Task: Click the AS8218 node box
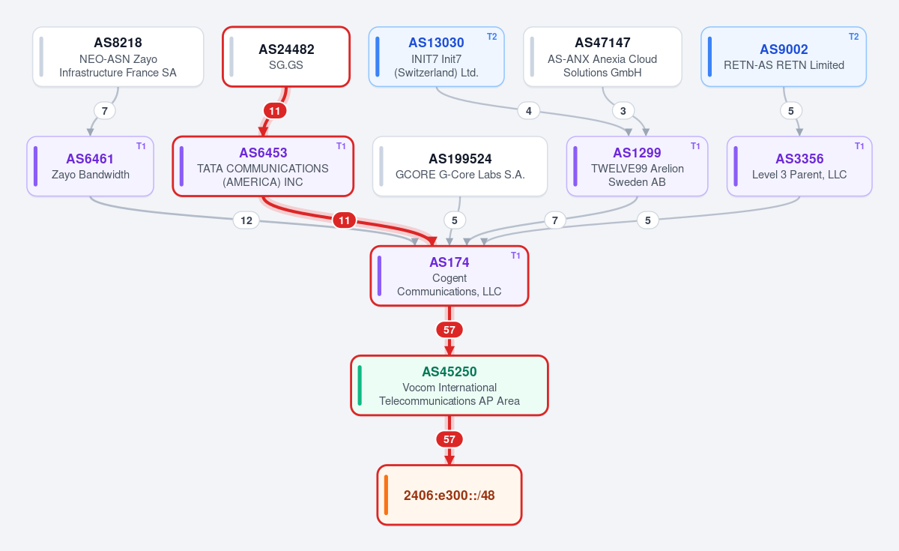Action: pos(118,57)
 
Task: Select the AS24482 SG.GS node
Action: pos(286,57)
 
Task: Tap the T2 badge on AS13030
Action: pos(491,37)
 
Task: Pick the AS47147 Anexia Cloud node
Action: pos(602,57)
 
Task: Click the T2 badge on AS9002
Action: pos(853,37)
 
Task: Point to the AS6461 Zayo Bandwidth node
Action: pos(91,166)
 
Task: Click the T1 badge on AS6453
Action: pos(341,146)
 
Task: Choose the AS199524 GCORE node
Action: pos(460,166)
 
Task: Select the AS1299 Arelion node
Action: pos(637,166)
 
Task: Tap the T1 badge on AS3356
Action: pos(859,146)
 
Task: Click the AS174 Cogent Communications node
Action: pos(449,276)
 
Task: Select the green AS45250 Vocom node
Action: pos(449,385)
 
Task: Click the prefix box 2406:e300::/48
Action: pos(449,496)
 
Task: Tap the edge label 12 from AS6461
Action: pos(246,220)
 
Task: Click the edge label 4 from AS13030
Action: pos(529,111)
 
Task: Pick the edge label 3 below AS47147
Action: pos(623,111)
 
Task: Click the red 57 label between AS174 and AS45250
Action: pos(449,330)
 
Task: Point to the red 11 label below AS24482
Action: pos(274,111)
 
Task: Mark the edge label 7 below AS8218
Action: pos(105,111)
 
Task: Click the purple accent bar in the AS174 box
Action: pos(380,276)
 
